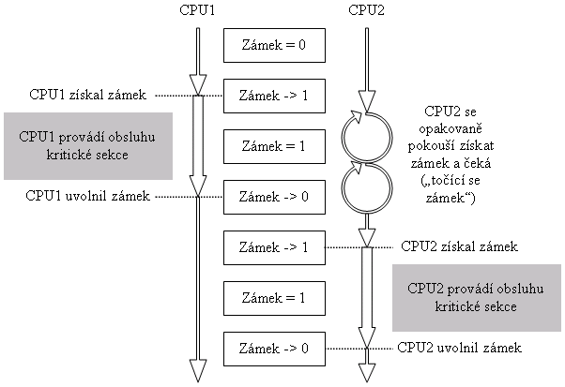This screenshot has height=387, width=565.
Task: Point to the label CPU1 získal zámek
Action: click(85, 95)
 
